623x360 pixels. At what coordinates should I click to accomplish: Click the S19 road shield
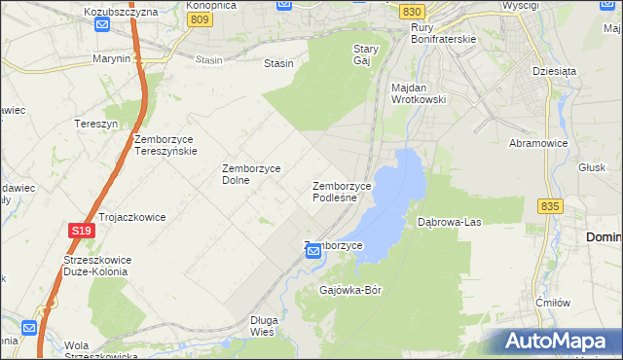81,231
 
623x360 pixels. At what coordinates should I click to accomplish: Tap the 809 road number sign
201,18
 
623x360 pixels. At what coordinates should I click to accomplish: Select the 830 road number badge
412,11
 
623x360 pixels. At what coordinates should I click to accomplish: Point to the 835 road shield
550,206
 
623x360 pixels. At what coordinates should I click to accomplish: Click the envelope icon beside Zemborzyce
313,252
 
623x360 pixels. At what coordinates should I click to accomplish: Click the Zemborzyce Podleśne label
342,192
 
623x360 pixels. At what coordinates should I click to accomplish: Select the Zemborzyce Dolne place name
251,173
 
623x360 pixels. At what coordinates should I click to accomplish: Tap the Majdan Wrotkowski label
418,93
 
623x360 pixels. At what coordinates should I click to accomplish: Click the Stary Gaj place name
365,54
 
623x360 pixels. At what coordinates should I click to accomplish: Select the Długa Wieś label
264,325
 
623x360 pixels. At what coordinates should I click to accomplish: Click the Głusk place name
591,166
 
